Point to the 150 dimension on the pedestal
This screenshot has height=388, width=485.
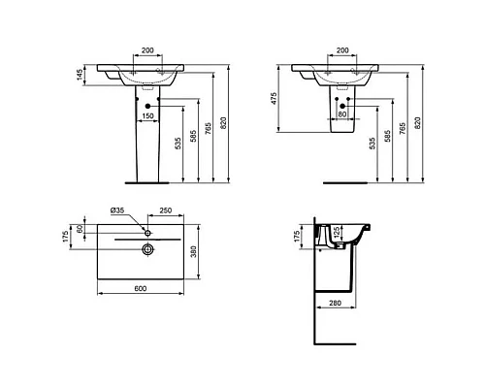click(x=148, y=115)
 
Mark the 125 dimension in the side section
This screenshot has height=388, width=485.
click(x=337, y=234)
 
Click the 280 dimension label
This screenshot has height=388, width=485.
click(x=336, y=305)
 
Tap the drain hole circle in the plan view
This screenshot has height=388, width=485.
click(x=147, y=250)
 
